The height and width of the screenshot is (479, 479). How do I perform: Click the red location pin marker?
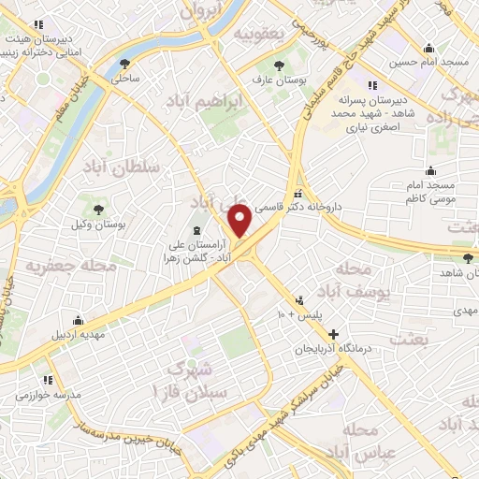click(x=240, y=220)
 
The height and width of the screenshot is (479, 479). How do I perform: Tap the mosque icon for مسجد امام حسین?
click(x=429, y=49)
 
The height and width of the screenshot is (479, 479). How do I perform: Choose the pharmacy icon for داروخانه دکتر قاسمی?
click(x=298, y=185)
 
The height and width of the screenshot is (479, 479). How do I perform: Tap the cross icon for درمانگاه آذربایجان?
click(x=331, y=334)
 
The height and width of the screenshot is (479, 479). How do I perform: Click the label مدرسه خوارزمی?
click(x=46, y=395)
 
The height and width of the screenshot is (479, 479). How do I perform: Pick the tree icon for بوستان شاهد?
click(x=468, y=256)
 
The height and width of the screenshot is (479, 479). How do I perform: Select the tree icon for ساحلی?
click(x=125, y=64)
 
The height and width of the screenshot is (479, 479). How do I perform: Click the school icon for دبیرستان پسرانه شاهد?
click(x=372, y=86)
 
